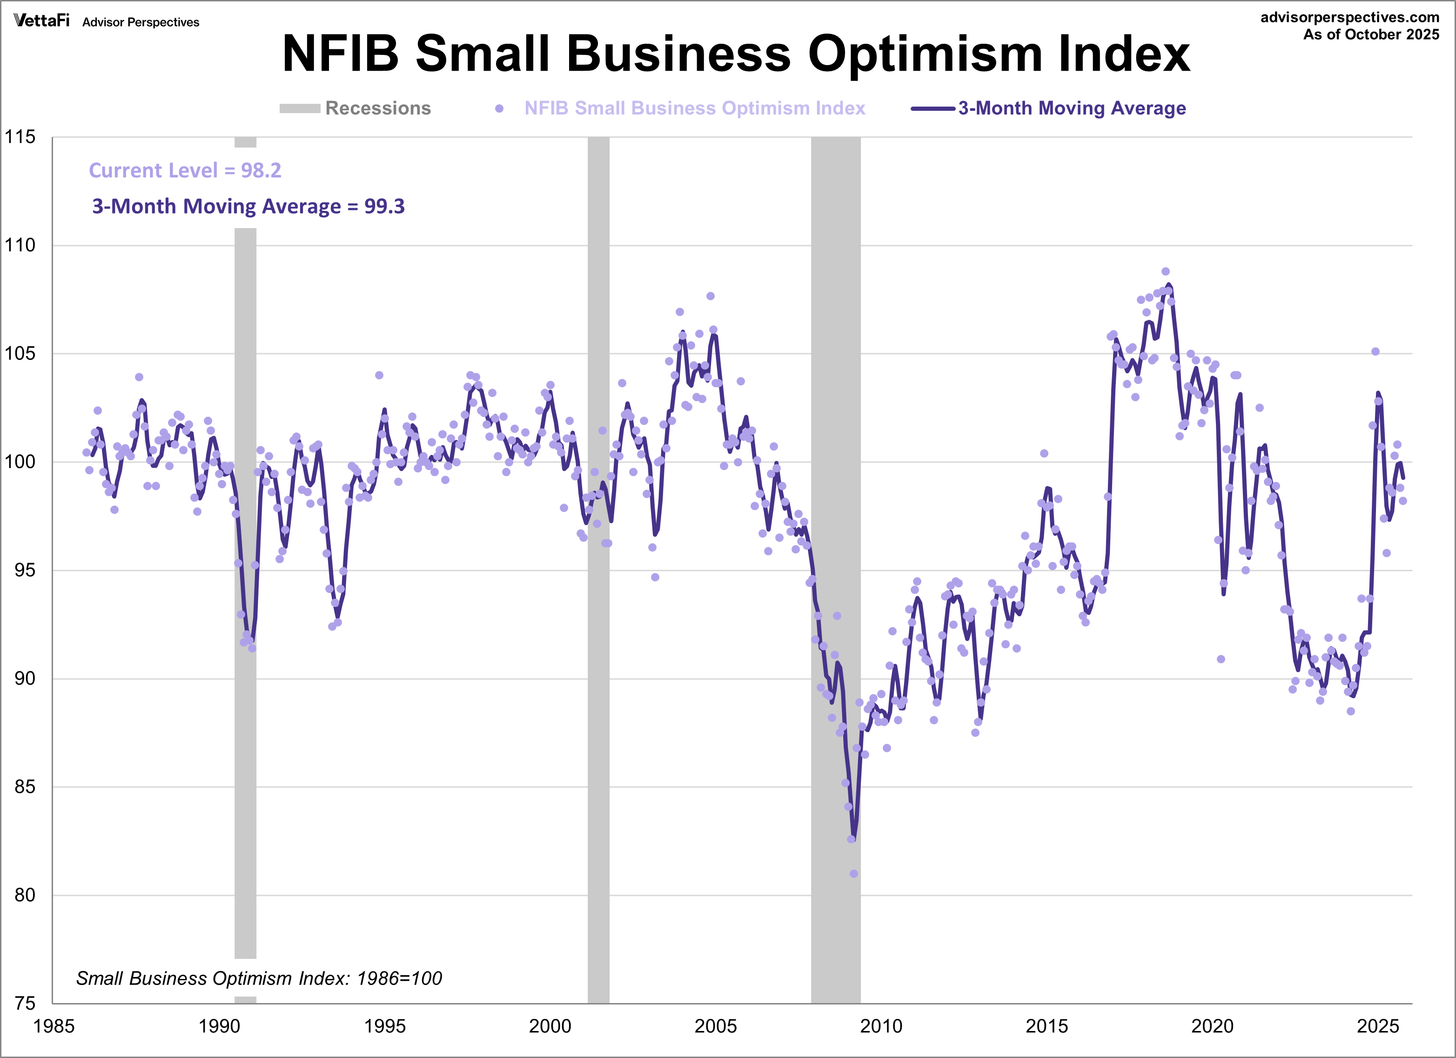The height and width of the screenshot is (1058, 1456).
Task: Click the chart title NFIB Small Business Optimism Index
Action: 736,54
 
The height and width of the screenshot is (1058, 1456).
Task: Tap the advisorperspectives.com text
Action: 1349,17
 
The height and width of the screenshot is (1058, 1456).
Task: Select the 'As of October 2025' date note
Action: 1371,34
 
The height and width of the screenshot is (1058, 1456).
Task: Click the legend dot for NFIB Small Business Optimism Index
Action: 499,108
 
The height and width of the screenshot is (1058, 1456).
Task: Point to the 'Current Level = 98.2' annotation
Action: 185,170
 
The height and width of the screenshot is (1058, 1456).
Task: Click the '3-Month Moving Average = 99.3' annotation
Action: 248,206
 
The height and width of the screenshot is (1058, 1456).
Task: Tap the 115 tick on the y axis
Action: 20,137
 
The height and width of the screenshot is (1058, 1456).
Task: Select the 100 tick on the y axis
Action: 20,462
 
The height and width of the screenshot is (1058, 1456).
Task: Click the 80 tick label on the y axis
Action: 24,895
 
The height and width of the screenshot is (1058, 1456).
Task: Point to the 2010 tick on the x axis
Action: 881,1026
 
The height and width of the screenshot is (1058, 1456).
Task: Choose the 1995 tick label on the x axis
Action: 384,1026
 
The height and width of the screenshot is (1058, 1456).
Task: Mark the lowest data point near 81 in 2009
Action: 854,874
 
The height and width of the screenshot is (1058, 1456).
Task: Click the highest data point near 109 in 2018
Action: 1166,271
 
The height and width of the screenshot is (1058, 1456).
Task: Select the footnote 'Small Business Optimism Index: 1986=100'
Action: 259,978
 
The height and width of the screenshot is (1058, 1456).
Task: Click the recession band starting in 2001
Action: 598,578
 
